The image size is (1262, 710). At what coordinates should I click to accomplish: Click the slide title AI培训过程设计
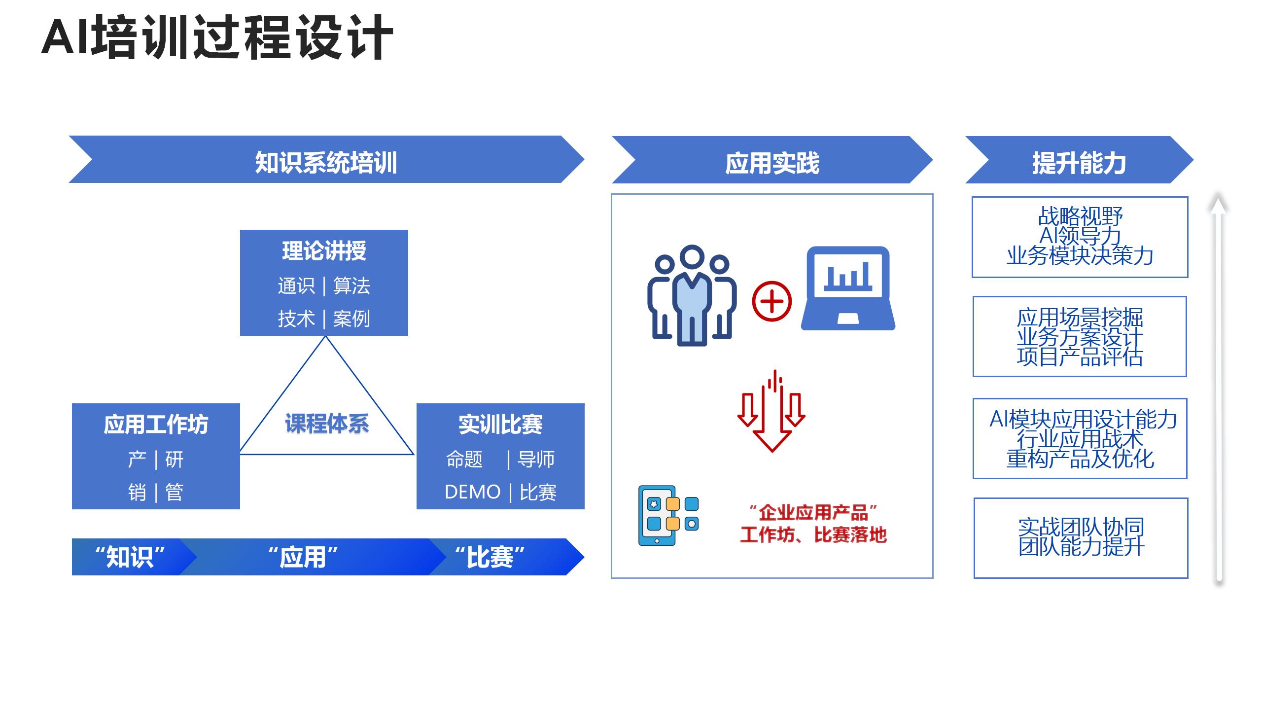point(217,37)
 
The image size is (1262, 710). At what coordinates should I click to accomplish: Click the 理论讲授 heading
point(324,250)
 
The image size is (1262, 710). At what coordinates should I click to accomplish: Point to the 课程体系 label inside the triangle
point(327,423)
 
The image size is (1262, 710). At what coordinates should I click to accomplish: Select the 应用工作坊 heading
point(156,424)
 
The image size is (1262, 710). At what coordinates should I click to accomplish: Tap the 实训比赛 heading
point(500,424)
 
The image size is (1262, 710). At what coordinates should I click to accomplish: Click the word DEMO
point(472,492)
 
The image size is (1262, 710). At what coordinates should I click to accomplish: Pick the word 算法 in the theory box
point(351,285)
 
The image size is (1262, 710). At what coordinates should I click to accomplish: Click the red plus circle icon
point(771,301)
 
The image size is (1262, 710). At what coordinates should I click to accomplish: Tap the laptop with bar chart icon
point(848,288)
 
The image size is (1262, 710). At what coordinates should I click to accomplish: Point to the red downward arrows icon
point(771,412)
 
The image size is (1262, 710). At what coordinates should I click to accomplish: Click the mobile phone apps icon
point(668,515)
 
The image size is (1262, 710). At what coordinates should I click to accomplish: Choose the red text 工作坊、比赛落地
point(813,535)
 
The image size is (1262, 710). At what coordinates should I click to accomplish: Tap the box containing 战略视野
point(1080,237)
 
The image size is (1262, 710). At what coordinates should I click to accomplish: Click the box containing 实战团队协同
point(1081,537)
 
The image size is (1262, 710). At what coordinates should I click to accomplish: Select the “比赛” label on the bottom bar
point(490,557)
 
